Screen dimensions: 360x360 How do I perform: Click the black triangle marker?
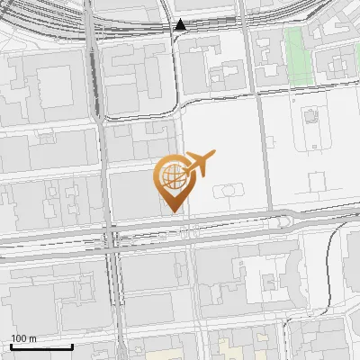coord(181,24)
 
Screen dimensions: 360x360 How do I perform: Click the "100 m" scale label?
coord(24,338)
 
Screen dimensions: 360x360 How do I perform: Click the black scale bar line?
coord(41,346)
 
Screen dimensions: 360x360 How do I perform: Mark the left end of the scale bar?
coord(11,346)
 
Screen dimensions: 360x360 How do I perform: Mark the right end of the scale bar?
coord(72,346)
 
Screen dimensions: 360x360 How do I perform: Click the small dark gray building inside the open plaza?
coord(310,117)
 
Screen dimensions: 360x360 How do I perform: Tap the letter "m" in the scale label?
coord(33,338)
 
